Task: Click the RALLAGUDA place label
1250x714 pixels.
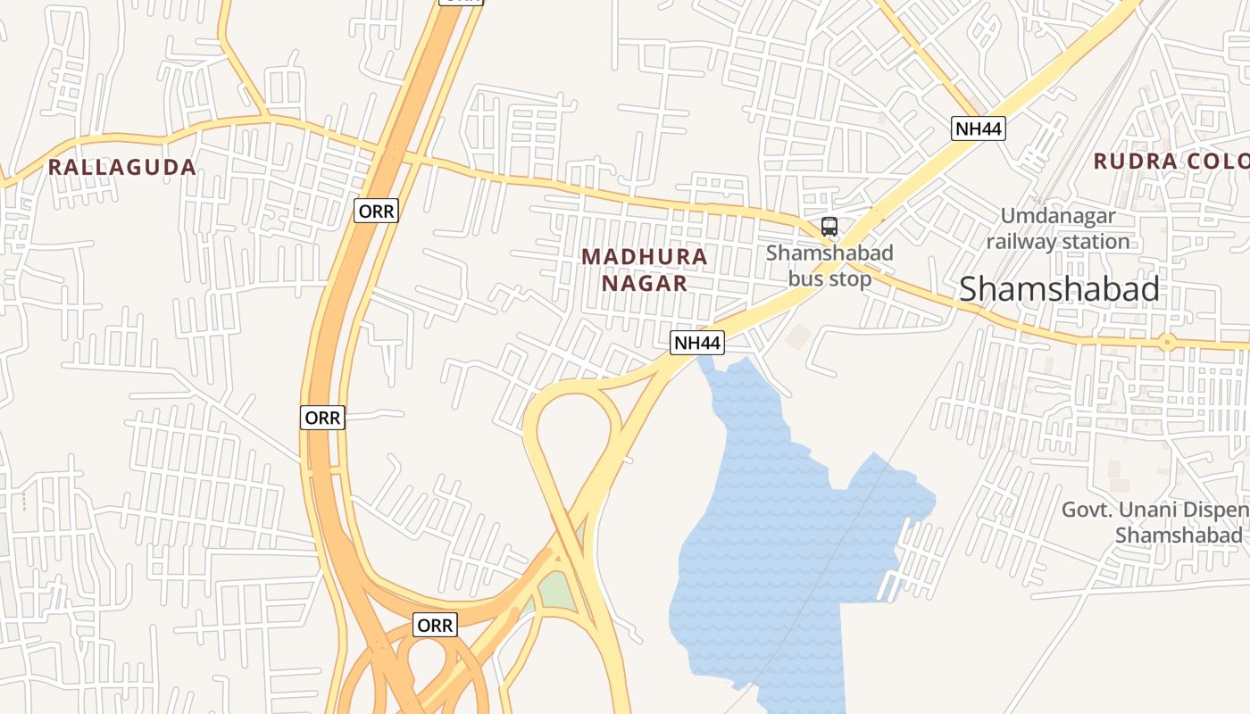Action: point(121,167)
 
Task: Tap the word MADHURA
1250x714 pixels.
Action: point(644,257)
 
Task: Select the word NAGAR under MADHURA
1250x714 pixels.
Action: point(644,284)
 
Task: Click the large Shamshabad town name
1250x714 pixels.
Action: point(1059,289)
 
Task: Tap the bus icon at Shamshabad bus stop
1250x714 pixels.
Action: point(829,227)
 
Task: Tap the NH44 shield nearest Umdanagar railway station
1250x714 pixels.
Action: point(978,129)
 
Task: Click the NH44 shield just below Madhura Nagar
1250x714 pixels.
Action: point(696,343)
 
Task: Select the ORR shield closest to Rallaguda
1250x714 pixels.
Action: point(376,212)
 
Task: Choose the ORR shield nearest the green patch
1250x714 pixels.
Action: point(435,626)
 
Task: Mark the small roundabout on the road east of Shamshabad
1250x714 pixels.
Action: point(1167,342)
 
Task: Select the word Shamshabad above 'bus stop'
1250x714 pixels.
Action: point(829,253)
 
